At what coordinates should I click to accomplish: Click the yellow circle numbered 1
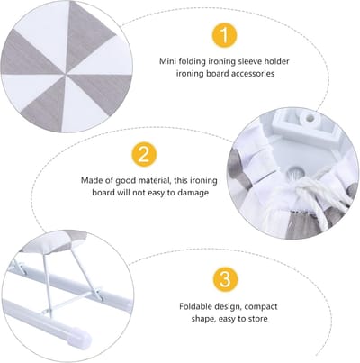click(x=225, y=35)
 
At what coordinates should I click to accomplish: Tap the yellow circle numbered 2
click(x=144, y=154)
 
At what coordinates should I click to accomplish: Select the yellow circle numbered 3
click(x=225, y=278)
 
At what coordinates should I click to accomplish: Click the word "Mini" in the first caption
click(x=167, y=61)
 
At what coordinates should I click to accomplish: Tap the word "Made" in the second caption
click(x=91, y=180)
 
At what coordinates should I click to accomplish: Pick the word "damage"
click(x=193, y=193)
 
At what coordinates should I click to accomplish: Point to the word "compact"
click(x=261, y=307)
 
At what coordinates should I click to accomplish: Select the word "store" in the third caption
click(x=256, y=319)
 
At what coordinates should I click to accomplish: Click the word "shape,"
click(x=203, y=319)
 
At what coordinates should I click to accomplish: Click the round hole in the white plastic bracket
click(x=309, y=118)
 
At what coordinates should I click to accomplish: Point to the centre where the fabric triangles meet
click(x=66, y=73)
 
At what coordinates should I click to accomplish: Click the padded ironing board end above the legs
click(x=54, y=241)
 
